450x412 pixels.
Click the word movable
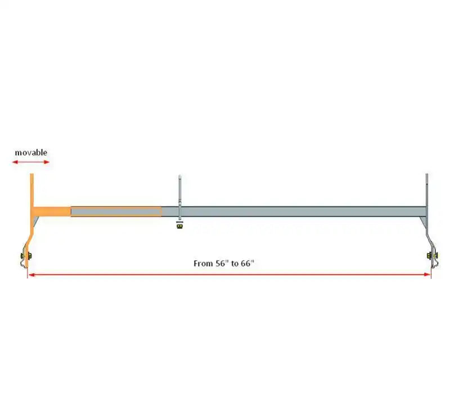31,152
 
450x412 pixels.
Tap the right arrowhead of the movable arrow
47,162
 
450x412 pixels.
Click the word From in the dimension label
203,264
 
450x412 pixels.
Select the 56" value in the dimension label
222,263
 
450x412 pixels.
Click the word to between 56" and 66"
235,264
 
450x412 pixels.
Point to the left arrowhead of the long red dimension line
31,275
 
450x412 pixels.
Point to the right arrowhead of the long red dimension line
427,275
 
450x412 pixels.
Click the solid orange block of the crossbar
52,211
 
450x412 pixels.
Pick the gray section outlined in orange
116,211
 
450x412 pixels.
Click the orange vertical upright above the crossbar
32,190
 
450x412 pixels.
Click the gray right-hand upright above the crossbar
427,190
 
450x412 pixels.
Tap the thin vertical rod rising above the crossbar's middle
179,191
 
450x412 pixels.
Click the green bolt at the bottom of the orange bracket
26,256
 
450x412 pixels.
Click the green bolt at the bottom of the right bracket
431,255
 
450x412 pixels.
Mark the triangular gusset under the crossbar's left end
35,221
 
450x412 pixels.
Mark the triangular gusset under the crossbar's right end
423,221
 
